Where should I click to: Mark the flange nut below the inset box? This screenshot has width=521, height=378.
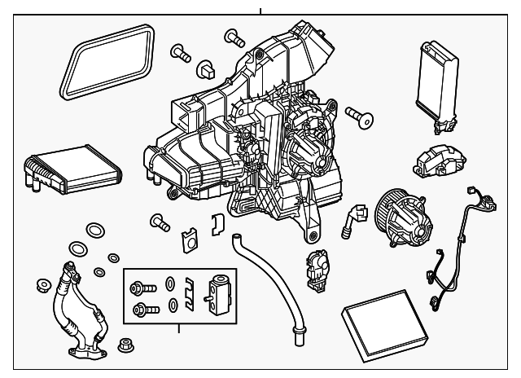coord(125,345)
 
